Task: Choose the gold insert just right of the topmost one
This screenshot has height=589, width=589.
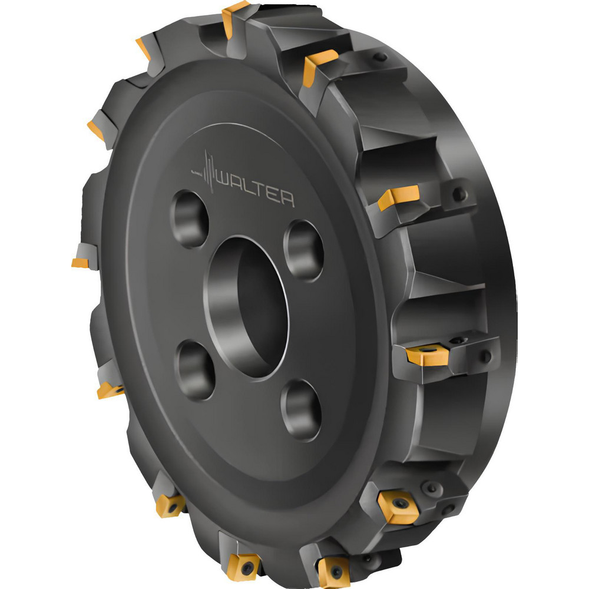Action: pos(320,64)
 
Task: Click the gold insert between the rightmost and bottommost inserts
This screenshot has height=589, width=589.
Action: pos(398,505)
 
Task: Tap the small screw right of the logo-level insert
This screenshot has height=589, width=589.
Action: pos(460,194)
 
